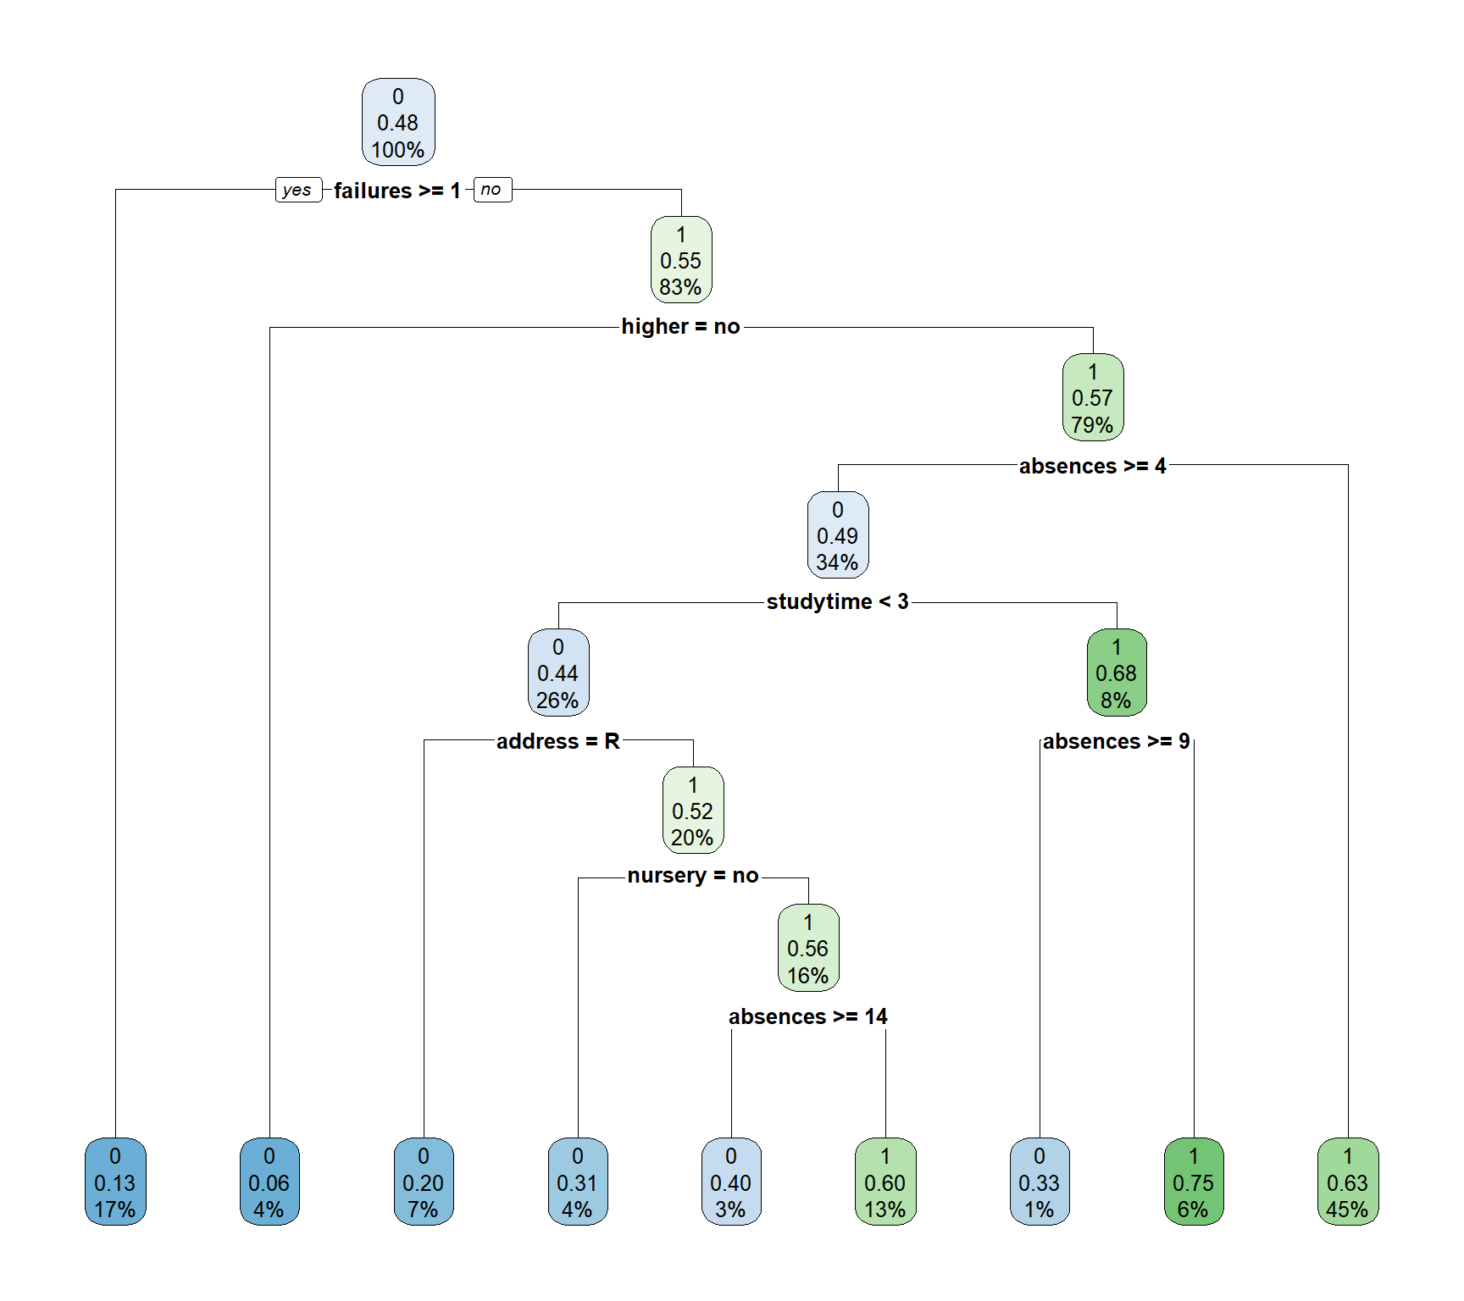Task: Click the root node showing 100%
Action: pyautogui.click(x=398, y=123)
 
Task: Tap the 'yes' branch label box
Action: pyautogui.click(x=298, y=190)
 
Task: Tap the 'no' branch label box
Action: pyautogui.click(x=491, y=190)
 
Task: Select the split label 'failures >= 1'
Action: pyautogui.click(x=396, y=191)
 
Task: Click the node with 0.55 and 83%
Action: pyautogui.click(x=681, y=260)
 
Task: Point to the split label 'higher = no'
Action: pyautogui.click(x=680, y=327)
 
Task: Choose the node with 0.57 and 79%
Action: pyautogui.click(x=1093, y=398)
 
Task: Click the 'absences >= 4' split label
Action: pyautogui.click(x=1092, y=466)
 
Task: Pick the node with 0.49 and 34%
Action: pyautogui.click(x=838, y=535)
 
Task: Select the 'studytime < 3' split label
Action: pyautogui.click(x=837, y=602)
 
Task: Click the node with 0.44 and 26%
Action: pyautogui.click(x=558, y=673)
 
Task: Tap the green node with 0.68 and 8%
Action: pyautogui.click(x=1117, y=673)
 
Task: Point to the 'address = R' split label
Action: pyautogui.click(x=558, y=741)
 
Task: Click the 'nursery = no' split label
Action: pyautogui.click(x=693, y=876)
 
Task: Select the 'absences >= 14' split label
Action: pyautogui.click(x=807, y=1016)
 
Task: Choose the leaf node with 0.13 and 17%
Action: pyautogui.click(x=115, y=1182)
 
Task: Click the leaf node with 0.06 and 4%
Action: pyautogui.click(x=269, y=1182)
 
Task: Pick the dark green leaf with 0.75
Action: pyautogui.click(x=1194, y=1182)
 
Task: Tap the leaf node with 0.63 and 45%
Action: pyautogui.click(x=1348, y=1182)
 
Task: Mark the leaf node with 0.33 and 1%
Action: pyautogui.click(x=1040, y=1182)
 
